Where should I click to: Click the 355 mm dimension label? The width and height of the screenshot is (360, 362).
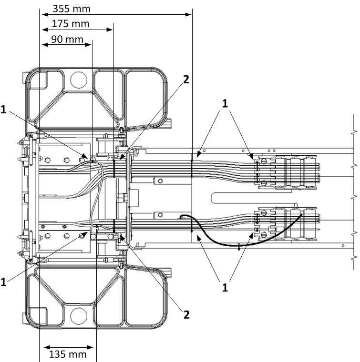[72, 9]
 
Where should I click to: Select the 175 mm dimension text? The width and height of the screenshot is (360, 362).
[71, 24]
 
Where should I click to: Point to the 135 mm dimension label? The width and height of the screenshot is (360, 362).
[68, 354]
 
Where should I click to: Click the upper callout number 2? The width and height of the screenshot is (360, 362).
[186, 80]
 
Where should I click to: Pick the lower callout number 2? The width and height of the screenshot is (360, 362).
[186, 314]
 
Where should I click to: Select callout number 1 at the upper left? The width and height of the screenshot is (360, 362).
[4, 110]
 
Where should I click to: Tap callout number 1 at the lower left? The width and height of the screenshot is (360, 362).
[4, 282]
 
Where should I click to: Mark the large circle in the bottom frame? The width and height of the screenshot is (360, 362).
[77, 315]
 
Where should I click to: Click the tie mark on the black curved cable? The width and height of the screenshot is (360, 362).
[238, 246]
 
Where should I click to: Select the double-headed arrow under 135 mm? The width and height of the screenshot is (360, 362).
[67, 346]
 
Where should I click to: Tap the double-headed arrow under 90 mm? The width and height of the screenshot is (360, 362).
[66, 45]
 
